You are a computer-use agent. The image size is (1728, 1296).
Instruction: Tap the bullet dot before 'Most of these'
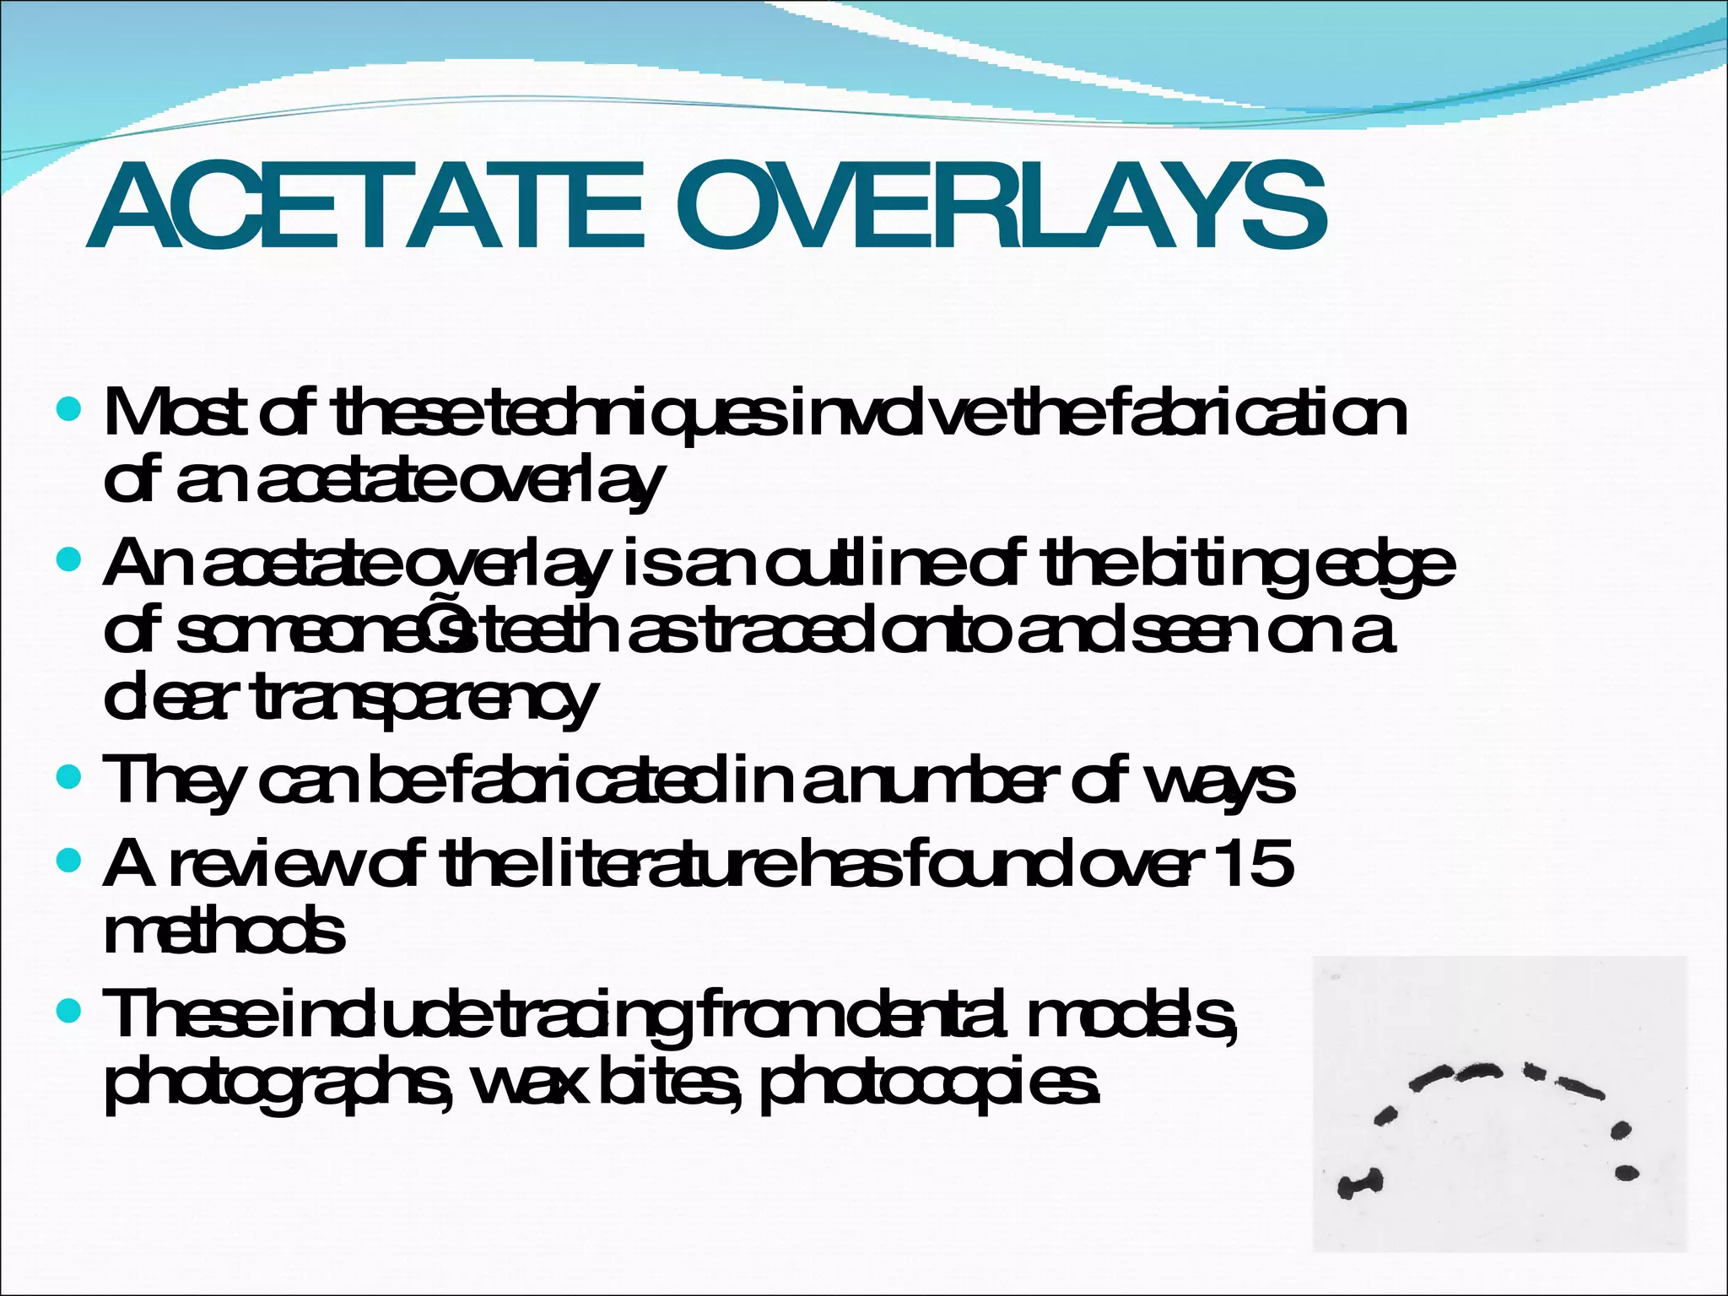(x=67, y=411)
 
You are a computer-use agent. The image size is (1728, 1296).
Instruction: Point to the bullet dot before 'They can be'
(x=67, y=776)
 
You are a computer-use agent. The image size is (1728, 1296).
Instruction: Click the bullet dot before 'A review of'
(x=67, y=861)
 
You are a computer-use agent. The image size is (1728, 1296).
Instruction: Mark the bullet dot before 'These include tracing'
(x=67, y=1009)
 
